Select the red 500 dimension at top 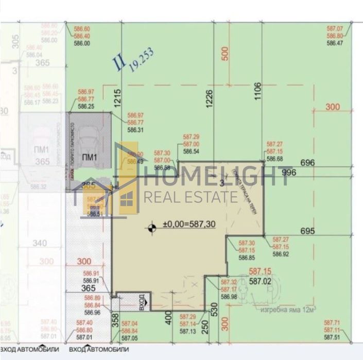[224, 54]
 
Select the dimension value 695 [306, 231]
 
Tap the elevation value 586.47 [335, 44]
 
